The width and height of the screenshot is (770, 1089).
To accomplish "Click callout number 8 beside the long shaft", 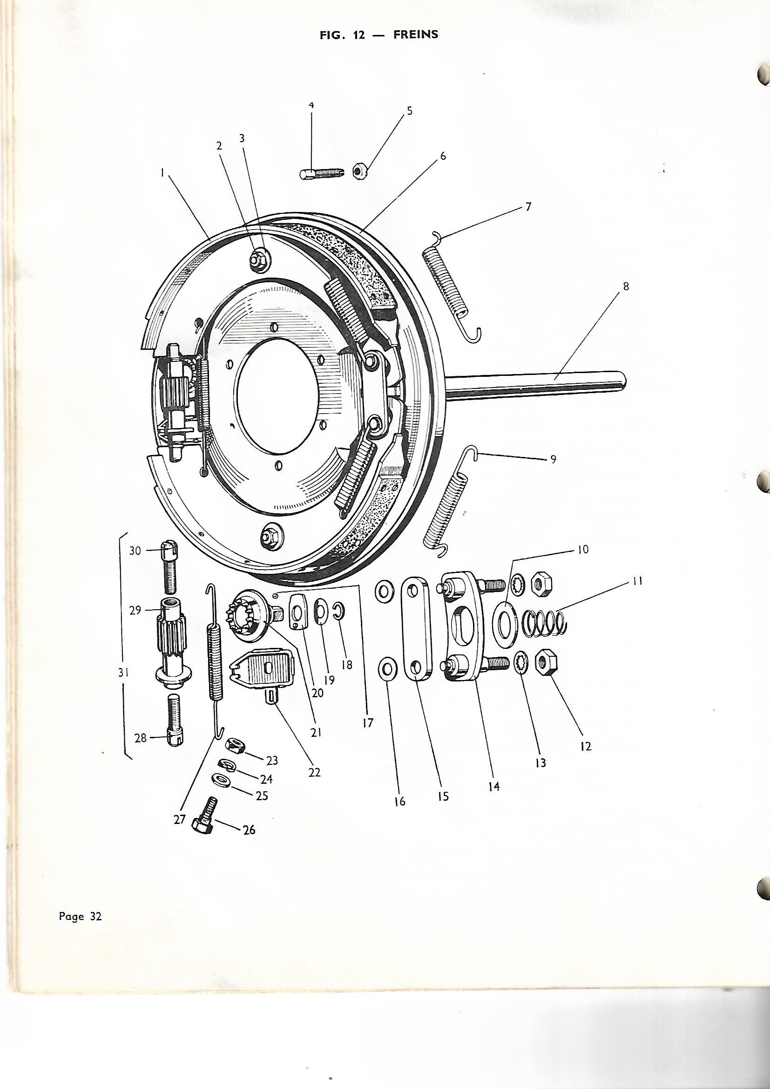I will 626,286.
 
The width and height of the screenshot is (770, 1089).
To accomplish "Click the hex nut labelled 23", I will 234,746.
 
